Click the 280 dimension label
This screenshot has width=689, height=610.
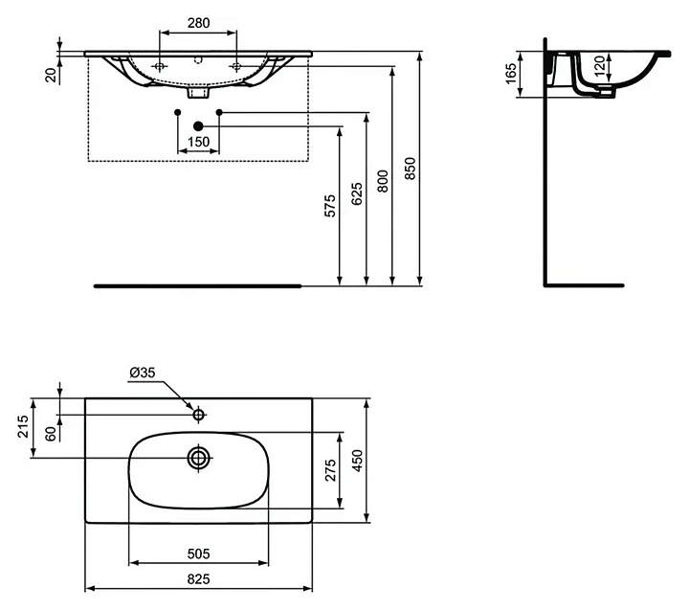coord(197,21)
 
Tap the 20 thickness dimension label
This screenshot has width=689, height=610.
coord(50,74)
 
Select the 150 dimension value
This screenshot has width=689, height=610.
coord(198,142)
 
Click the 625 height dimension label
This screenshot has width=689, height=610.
coord(355,195)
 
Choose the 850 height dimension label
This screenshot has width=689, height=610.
coord(409,169)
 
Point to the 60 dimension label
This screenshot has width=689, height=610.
coord(50,432)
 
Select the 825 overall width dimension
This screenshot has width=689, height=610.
coord(199,579)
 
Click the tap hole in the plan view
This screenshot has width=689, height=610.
coord(199,415)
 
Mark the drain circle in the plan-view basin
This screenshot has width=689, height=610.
coord(199,458)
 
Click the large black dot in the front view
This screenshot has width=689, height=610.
coord(198,126)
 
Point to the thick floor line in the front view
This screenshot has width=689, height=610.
coord(198,285)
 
